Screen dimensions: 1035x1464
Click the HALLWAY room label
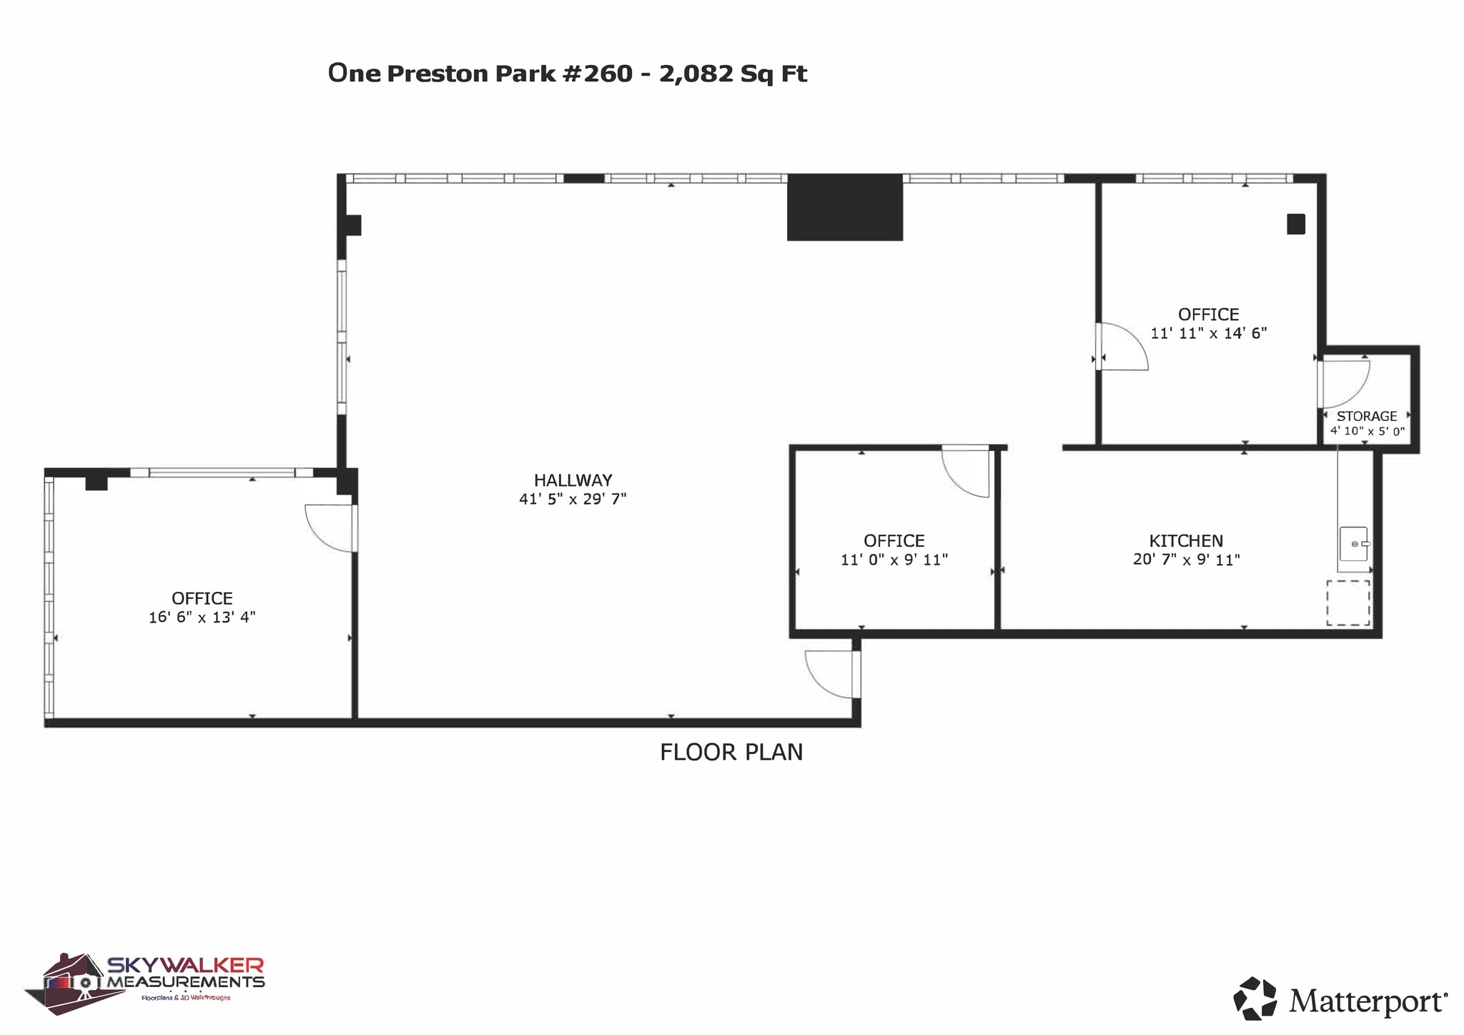[573, 480]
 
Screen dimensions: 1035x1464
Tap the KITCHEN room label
[1186, 541]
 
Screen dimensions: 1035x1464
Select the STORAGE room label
[1367, 416]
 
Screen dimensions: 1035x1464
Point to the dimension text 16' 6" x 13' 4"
[202, 618]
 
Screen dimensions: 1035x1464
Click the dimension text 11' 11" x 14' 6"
[1209, 333]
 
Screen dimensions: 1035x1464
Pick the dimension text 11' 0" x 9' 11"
[894, 560]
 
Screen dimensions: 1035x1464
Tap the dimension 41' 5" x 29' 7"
[573, 499]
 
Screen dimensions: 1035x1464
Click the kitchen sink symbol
[1353, 544]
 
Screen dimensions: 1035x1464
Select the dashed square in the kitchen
[1348, 603]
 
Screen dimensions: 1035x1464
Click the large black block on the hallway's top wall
[845, 207]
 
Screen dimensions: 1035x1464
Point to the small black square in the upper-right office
[1296, 224]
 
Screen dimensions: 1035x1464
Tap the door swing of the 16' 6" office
[330, 528]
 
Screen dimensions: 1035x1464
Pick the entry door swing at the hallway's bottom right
[830, 673]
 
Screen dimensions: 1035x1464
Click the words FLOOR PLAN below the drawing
[731, 753]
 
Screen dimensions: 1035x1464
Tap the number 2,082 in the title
[696, 74]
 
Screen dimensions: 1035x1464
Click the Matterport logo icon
[1255, 998]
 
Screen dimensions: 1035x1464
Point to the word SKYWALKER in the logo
[186, 966]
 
